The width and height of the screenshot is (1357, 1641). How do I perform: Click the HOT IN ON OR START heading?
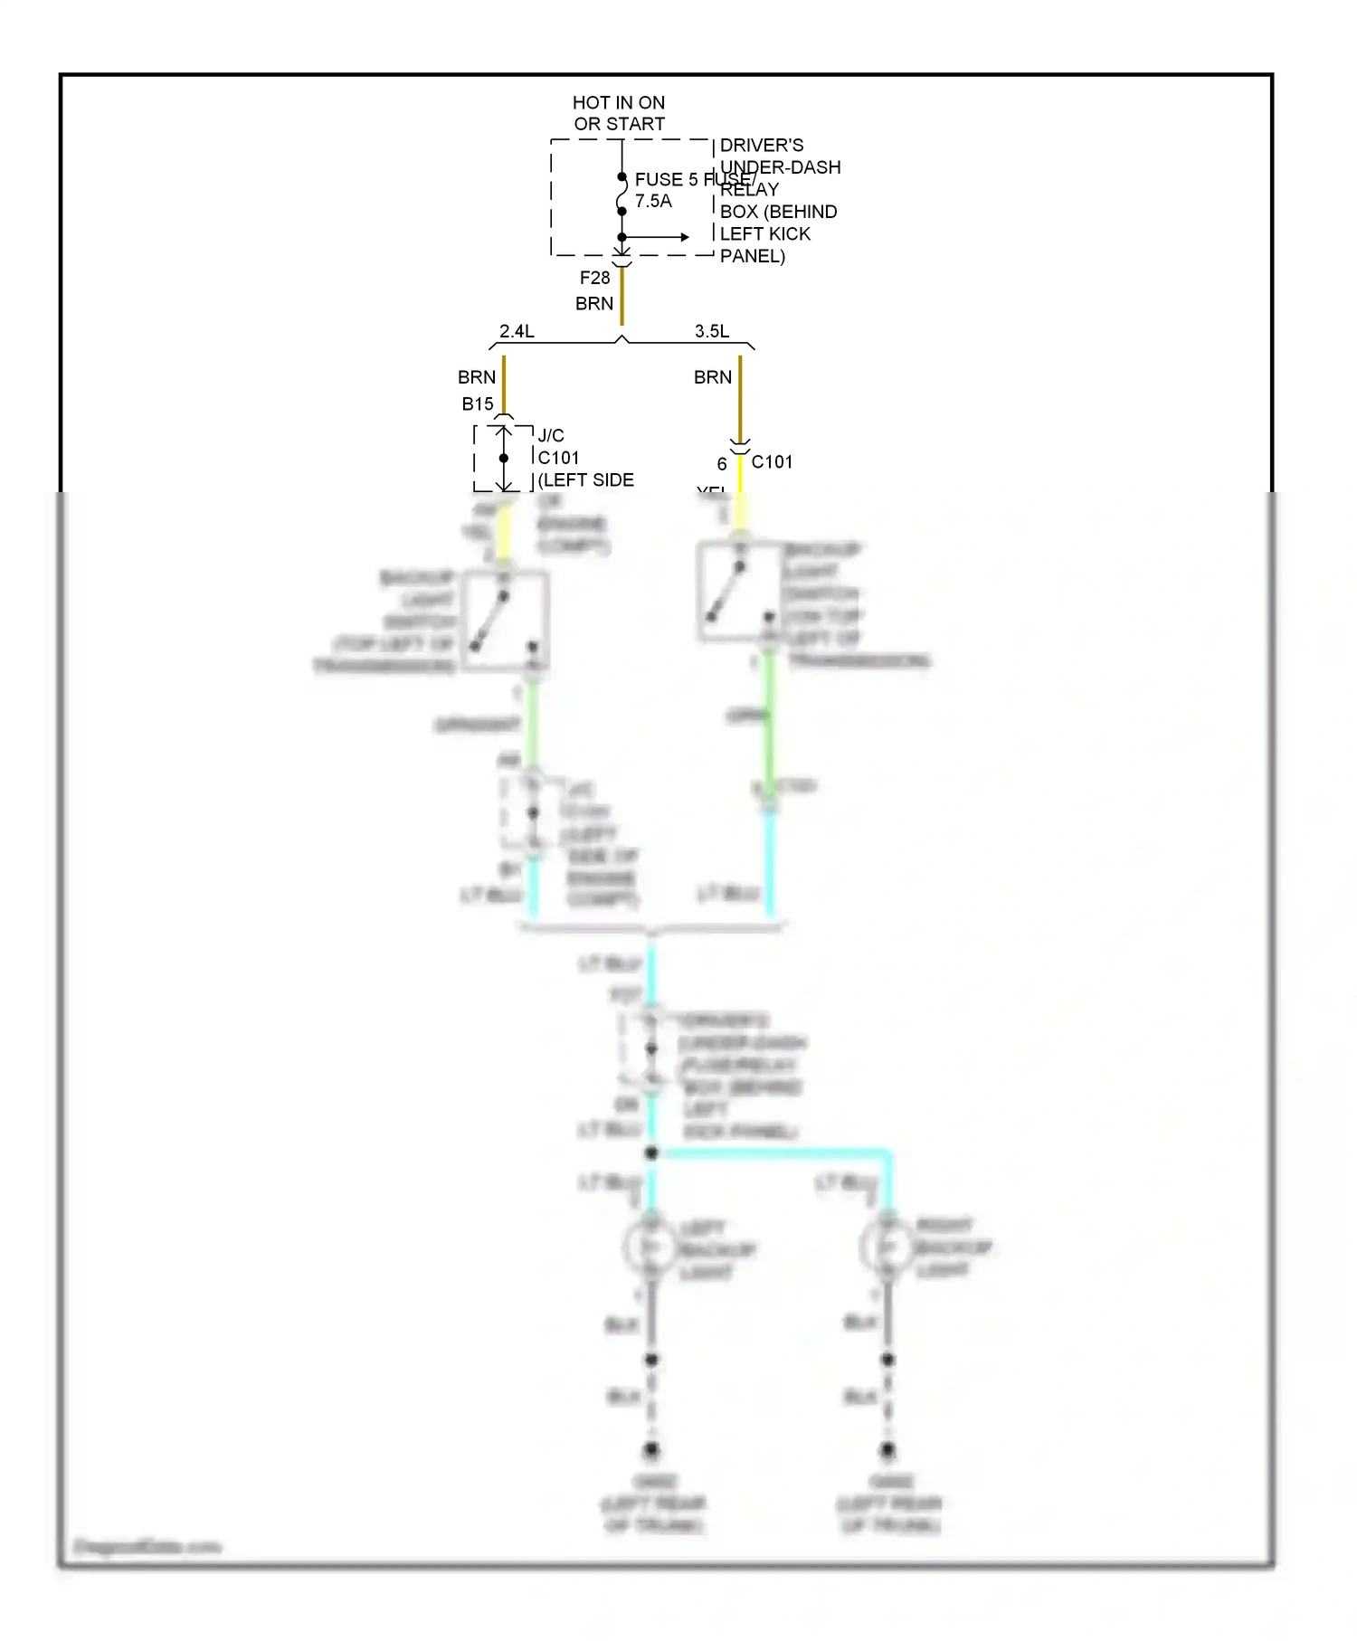pyautogui.click(x=619, y=113)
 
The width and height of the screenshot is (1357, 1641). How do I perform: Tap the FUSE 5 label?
pyautogui.click(x=666, y=179)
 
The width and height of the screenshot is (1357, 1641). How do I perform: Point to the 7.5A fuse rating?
pyautogui.click(x=653, y=201)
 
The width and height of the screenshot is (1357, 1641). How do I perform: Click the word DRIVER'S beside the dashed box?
pyautogui.click(x=762, y=145)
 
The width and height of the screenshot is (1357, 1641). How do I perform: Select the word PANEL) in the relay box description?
pyautogui.click(x=752, y=256)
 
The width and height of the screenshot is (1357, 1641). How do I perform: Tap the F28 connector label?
pyautogui.click(x=594, y=278)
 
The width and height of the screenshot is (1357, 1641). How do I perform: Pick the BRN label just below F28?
pyautogui.click(x=594, y=304)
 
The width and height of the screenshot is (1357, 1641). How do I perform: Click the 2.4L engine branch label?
pyautogui.click(x=517, y=331)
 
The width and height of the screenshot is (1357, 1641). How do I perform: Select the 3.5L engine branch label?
pyautogui.click(x=712, y=331)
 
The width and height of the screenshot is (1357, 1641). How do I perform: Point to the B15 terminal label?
pyautogui.click(x=478, y=404)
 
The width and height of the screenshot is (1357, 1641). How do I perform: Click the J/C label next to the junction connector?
pyautogui.click(x=551, y=435)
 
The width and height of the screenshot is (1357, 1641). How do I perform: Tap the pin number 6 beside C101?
pyautogui.click(x=722, y=464)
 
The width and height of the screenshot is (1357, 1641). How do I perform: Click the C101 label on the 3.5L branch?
pyautogui.click(x=772, y=462)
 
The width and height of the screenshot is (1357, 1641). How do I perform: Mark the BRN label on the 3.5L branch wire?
pyautogui.click(x=713, y=377)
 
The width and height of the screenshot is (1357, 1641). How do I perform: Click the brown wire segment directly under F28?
pyautogui.click(x=622, y=297)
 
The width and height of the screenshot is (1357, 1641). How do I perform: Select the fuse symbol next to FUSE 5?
pyautogui.click(x=622, y=194)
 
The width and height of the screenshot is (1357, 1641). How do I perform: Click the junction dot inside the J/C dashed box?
pyautogui.click(x=504, y=458)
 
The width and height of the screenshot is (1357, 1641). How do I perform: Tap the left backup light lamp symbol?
pyautogui.click(x=650, y=1248)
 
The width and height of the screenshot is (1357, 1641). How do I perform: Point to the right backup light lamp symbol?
pyautogui.click(x=887, y=1247)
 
